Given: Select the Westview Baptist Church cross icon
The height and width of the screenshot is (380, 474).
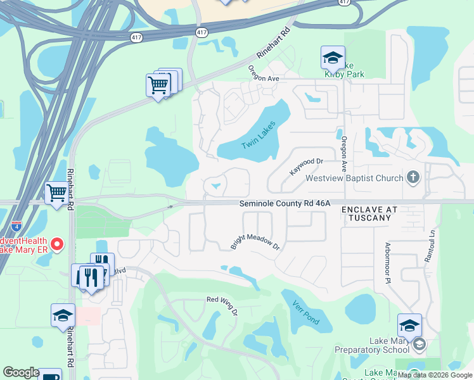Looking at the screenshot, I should coord(413,177).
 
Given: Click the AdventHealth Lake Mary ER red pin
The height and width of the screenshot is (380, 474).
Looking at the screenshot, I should coord(56,244).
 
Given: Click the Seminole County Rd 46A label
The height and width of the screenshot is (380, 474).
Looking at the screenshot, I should coord(285,203).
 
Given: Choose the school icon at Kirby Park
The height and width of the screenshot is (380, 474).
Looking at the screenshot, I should coord(333,58).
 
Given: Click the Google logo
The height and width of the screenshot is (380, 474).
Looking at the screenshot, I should coord(21,372).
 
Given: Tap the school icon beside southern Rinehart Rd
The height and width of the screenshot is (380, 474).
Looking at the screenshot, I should coord(63,315).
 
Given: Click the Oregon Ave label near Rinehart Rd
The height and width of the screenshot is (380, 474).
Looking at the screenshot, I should coord(264,73).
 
